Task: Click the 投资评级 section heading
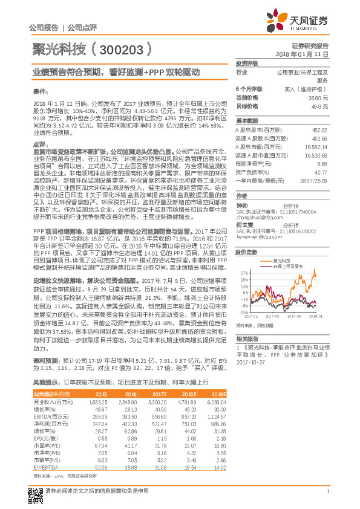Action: [x=247, y=63]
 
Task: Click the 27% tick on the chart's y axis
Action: [x=244, y=273]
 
